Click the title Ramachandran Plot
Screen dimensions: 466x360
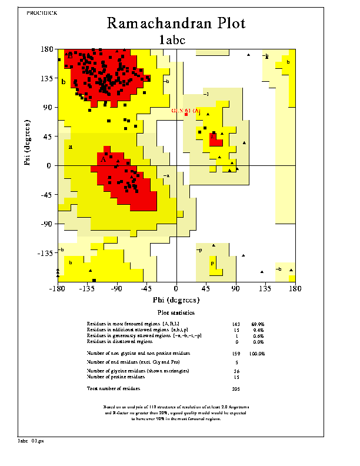[176, 24]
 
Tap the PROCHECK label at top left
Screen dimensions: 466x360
[42, 12]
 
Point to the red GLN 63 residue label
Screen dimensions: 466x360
[186, 111]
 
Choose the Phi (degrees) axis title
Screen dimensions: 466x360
[175, 300]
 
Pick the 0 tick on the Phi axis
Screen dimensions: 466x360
[176, 289]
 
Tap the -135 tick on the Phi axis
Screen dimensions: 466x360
[86, 289]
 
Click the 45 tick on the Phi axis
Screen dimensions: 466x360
[206, 289]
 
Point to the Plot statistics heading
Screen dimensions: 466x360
[176, 312]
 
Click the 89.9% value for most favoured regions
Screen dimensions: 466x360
[258, 324]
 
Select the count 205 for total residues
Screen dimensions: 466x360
[236, 389]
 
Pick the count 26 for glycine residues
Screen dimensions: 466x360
[236, 371]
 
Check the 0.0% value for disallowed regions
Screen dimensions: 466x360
[258, 342]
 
